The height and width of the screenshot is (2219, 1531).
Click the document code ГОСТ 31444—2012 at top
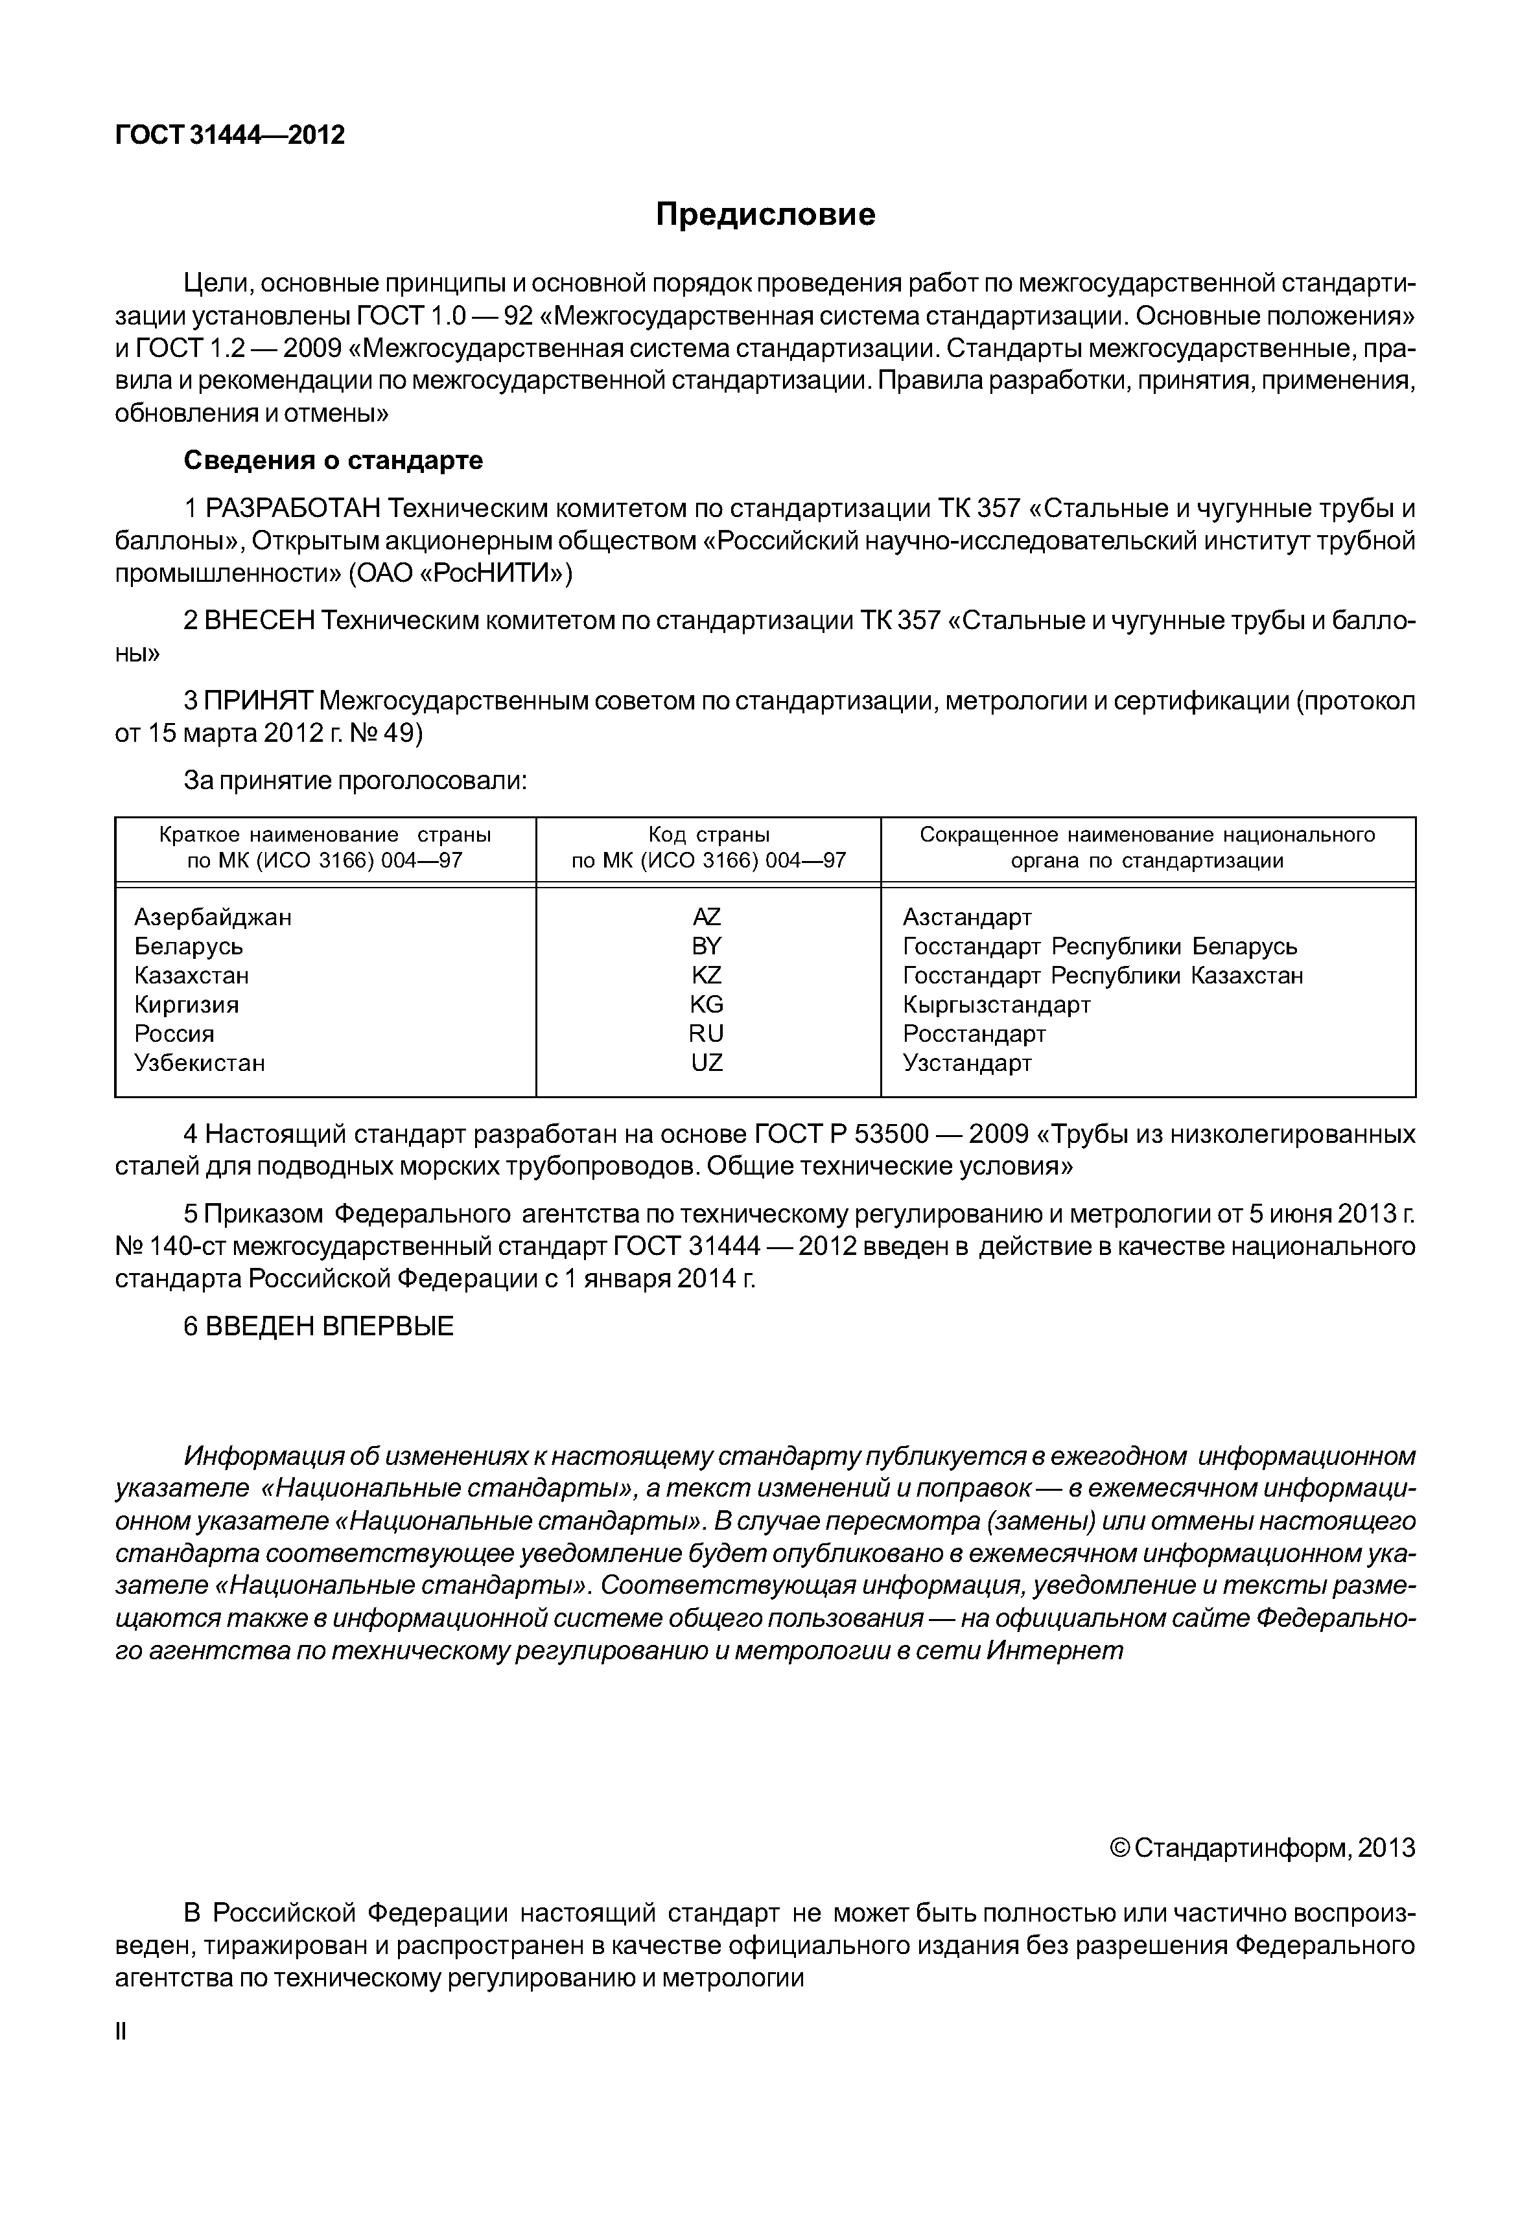pyautogui.click(x=229, y=135)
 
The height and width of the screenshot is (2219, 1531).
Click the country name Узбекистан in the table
pyautogui.click(x=200, y=1063)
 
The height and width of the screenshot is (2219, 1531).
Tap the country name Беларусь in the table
pyautogui.click(x=189, y=947)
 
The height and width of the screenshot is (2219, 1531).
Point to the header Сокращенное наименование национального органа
pyautogui.click(x=1147, y=847)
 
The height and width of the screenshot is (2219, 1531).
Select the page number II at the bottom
pyautogui.click(x=121, y=2059)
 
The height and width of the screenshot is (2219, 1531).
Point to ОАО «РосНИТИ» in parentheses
pyautogui.click(x=460, y=573)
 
